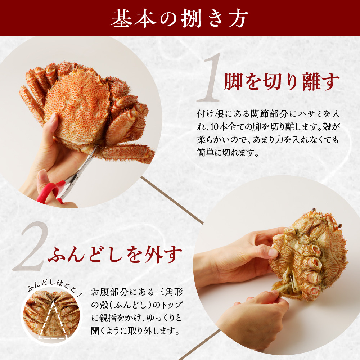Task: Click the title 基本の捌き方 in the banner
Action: [180, 18]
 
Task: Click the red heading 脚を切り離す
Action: [282, 82]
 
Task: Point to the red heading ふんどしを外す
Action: [115, 255]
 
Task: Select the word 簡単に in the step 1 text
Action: [211, 152]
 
